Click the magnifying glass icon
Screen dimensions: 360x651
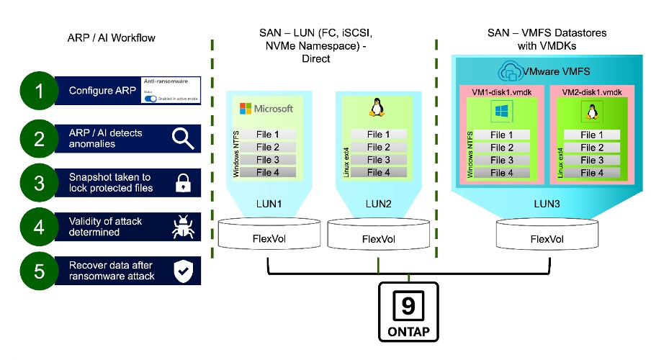click(x=183, y=137)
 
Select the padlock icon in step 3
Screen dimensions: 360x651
click(x=183, y=183)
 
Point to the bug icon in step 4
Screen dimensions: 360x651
click(x=183, y=228)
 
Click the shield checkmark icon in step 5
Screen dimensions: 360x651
click(x=183, y=271)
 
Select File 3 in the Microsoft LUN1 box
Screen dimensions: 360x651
click(x=266, y=159)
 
